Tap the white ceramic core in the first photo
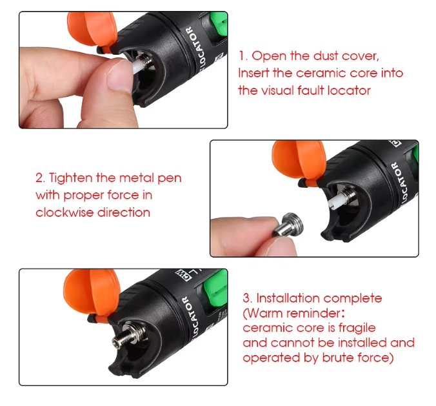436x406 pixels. click(x=141, y=65)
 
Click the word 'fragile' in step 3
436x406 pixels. click(x=353, y=328)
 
